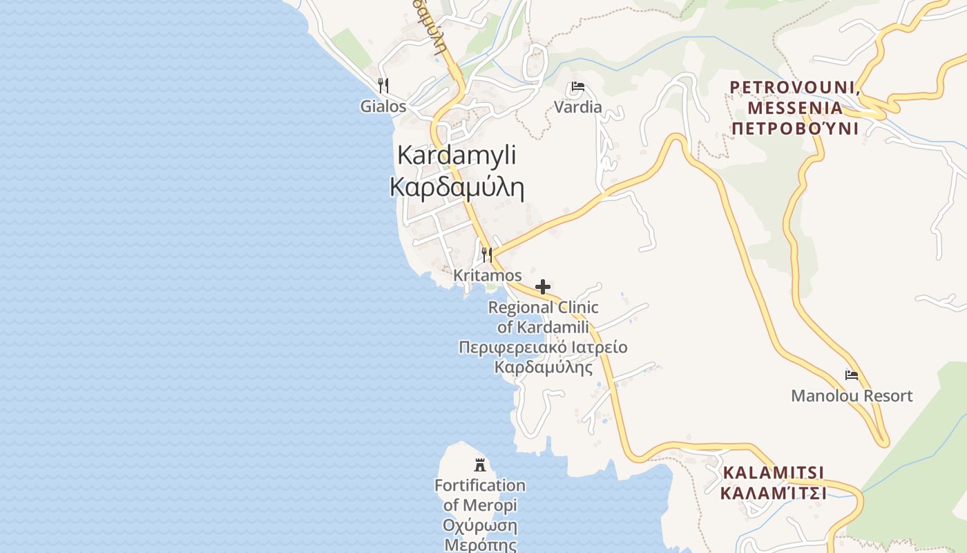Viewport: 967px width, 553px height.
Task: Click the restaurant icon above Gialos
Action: click(x=383, y=86)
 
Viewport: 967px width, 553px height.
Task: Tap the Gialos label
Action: click(x=383, y=106)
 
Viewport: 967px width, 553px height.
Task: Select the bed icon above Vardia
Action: click(x=578, y=87)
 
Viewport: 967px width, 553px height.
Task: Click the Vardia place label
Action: click(x=578, y=107)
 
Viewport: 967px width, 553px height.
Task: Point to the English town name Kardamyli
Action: click(x=457, y=155)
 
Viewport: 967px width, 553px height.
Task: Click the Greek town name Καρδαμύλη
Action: click(x=457, y=187)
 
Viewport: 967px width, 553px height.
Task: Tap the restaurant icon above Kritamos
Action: click(x=487, y=254)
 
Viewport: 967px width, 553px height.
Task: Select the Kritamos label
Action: click(x=488, y=275)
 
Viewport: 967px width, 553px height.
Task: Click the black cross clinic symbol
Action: click(x=543, y=287)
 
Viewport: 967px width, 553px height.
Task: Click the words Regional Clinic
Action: click(x=544, y=307)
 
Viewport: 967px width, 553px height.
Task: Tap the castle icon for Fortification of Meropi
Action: click(x=480, y=465)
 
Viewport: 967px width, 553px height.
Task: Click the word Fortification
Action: click(x=480, y=485)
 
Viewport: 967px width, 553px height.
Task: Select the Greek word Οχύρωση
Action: click(x=480, y=525)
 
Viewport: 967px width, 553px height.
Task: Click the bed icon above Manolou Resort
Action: click(x=852, y=375)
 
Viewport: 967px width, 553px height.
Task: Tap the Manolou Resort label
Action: click(x=852, y=396)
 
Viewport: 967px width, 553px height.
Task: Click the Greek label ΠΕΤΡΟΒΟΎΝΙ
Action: click(x=795, y=129)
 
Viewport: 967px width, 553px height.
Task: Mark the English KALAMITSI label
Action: click(x=774, y=473)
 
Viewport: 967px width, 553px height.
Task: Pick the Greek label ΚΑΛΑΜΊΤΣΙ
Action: click(x=774, y=493)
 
